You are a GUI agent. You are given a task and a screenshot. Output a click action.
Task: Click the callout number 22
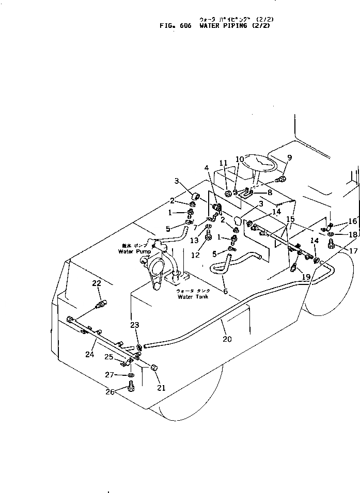coord(96,283)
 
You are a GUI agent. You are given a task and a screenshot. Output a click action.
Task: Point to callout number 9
coord(289,158)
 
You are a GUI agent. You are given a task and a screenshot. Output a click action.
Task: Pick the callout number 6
coord(225,292)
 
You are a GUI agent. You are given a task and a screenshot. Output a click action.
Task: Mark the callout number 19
coord(306,277)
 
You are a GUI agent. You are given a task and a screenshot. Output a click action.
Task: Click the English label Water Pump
coord(133,252)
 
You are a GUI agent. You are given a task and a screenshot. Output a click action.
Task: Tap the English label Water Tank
coord(190,297)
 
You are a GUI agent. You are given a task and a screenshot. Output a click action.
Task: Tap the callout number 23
coord(135,325)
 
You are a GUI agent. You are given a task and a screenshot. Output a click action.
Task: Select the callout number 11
coord(223,163)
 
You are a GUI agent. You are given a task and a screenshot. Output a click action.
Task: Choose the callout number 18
coord(353,234)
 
